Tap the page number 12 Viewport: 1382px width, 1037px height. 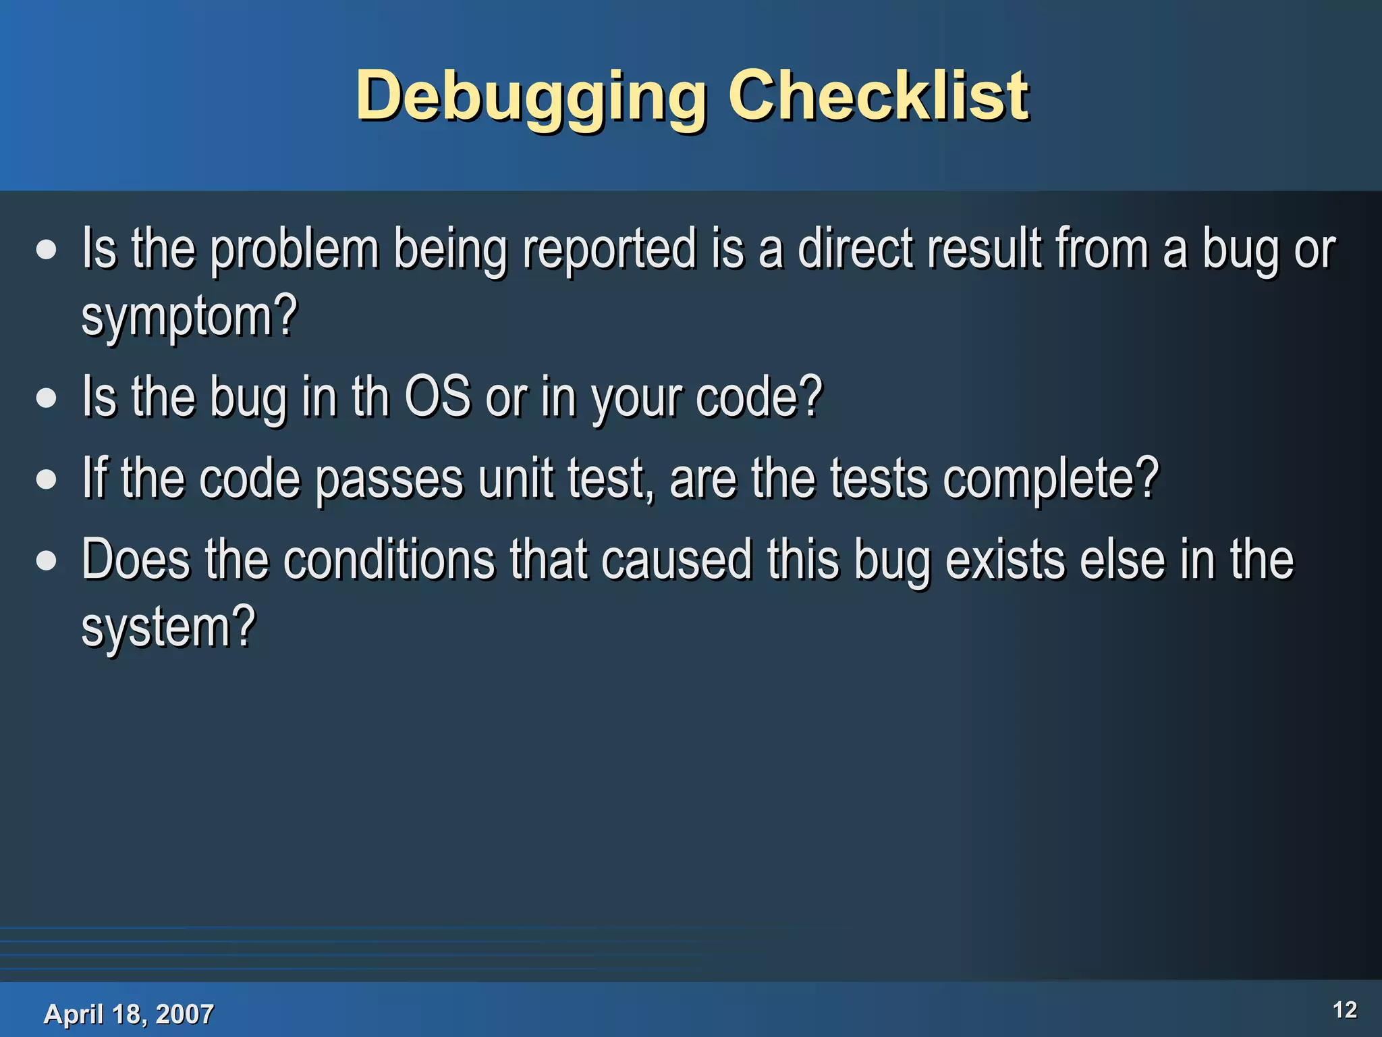pos(1344,1010)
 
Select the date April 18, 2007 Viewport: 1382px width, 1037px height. pos(128,1014)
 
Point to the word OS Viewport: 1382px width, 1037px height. pos(437,396)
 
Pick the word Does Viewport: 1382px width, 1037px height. pos(136,560)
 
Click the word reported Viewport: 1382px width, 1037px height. pos(609,249)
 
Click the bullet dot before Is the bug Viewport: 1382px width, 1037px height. pos(47,398)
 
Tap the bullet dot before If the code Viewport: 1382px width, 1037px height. pos(47,479)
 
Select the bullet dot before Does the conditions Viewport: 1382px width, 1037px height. pos(47,560)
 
